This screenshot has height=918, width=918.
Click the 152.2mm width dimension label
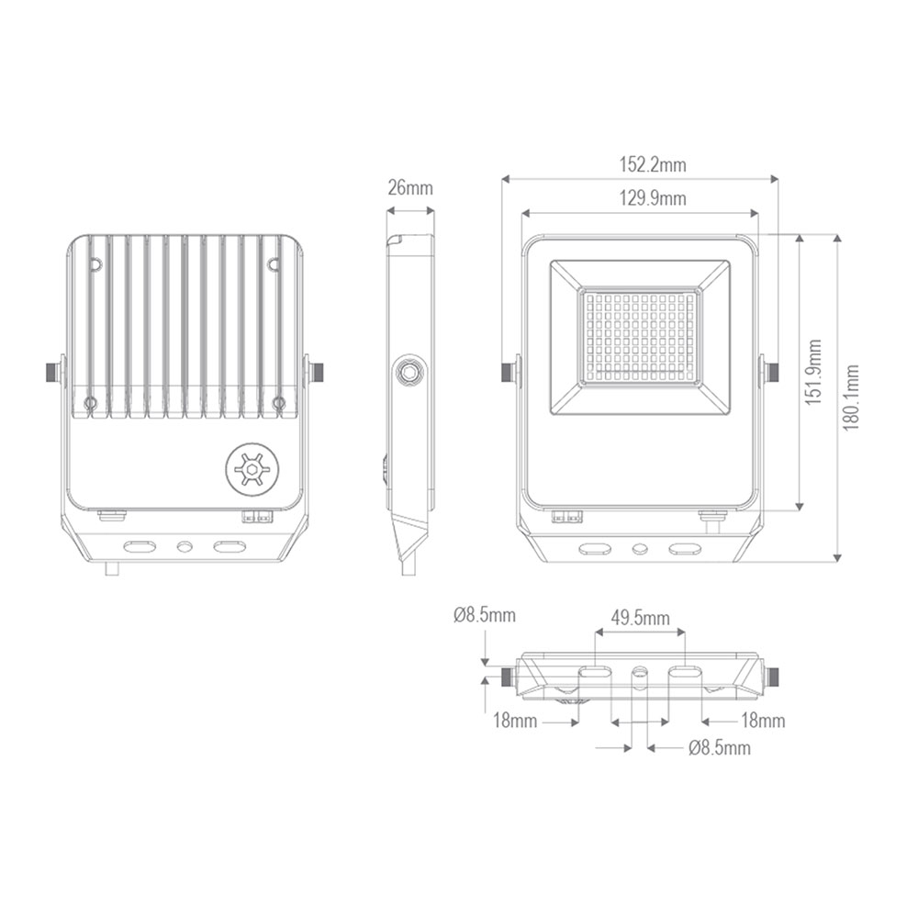pos(652,165)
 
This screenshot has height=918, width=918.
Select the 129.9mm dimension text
pos(652,198)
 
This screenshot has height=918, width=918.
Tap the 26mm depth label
pos(410,188)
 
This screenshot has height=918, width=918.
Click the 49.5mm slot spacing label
pos(640,617)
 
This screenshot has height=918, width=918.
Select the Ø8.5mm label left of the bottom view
pos(484,615)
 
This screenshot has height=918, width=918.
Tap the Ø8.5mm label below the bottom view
pos(720,747)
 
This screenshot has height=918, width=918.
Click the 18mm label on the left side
pos(515,721)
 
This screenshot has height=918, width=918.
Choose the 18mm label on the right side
pos(763,721)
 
